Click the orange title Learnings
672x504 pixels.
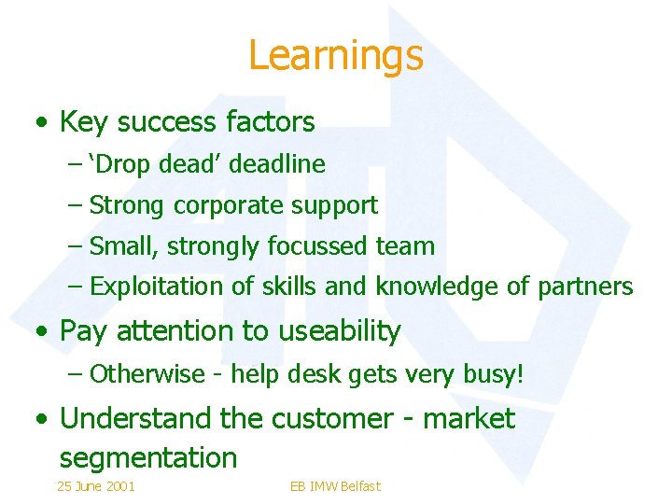(336, 55)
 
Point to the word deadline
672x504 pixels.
(277, 164)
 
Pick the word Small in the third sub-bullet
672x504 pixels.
(120, 246)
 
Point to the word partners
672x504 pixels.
(585, 287)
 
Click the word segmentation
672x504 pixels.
(148, 458)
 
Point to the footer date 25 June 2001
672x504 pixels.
(96, 486)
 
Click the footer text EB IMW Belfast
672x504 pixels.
(336, 486)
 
